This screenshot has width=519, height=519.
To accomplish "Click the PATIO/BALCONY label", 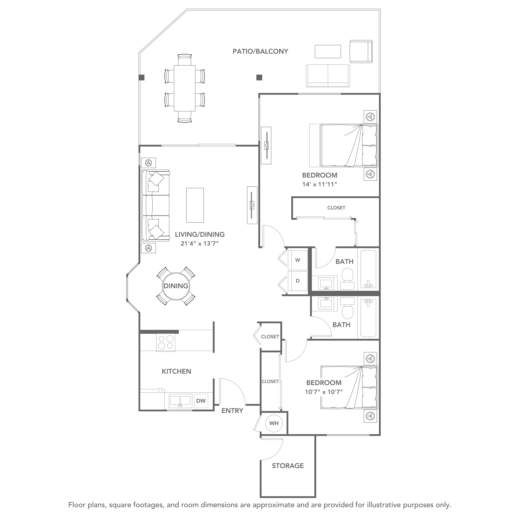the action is coord(260,51).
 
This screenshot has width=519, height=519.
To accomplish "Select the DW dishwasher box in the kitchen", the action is coord(201,401).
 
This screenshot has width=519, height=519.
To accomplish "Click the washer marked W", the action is coord(298,260).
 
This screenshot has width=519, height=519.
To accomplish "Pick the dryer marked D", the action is coord(298,281).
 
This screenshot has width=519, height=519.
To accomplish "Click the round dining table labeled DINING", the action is coord(176,286).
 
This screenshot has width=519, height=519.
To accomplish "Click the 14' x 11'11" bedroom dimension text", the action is coord(320,184).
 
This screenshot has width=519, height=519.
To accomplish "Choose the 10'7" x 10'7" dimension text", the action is coord(324,392).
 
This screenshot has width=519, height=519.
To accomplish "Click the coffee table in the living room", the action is coord(195,205).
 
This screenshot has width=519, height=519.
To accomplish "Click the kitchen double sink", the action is coord(181,401).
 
